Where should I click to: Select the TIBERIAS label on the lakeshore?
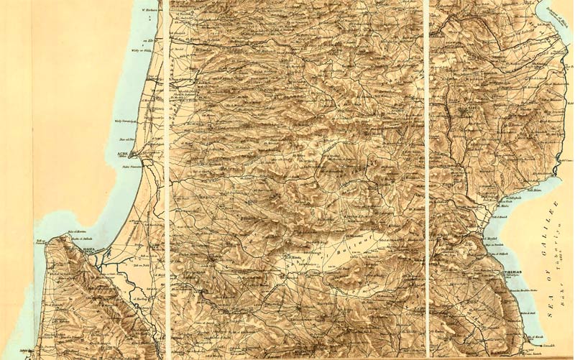[x=511, y=272]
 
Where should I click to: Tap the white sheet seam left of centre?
[x=167, y=180]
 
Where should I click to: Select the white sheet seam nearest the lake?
[x=427, y=180]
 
